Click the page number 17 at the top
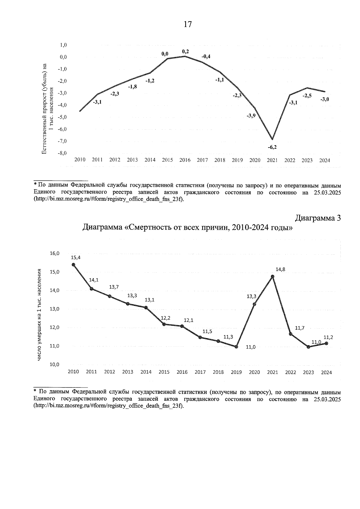pos(187,24)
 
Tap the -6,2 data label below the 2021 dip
pos(272,147)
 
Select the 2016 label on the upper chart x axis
pos(185,160)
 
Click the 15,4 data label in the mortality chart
pos(76,257)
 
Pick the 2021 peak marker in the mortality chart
pos(272,277)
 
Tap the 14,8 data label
pos(280,269)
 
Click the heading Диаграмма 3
pos(318,218)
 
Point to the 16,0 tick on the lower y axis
pos(55,253)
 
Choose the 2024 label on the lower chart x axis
pos(326,372)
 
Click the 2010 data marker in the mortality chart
pos(73,265)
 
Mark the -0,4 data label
pos(206,56)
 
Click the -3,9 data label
pos(251,116)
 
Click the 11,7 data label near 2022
pos(299,328)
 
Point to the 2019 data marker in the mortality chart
pos(236,347)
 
